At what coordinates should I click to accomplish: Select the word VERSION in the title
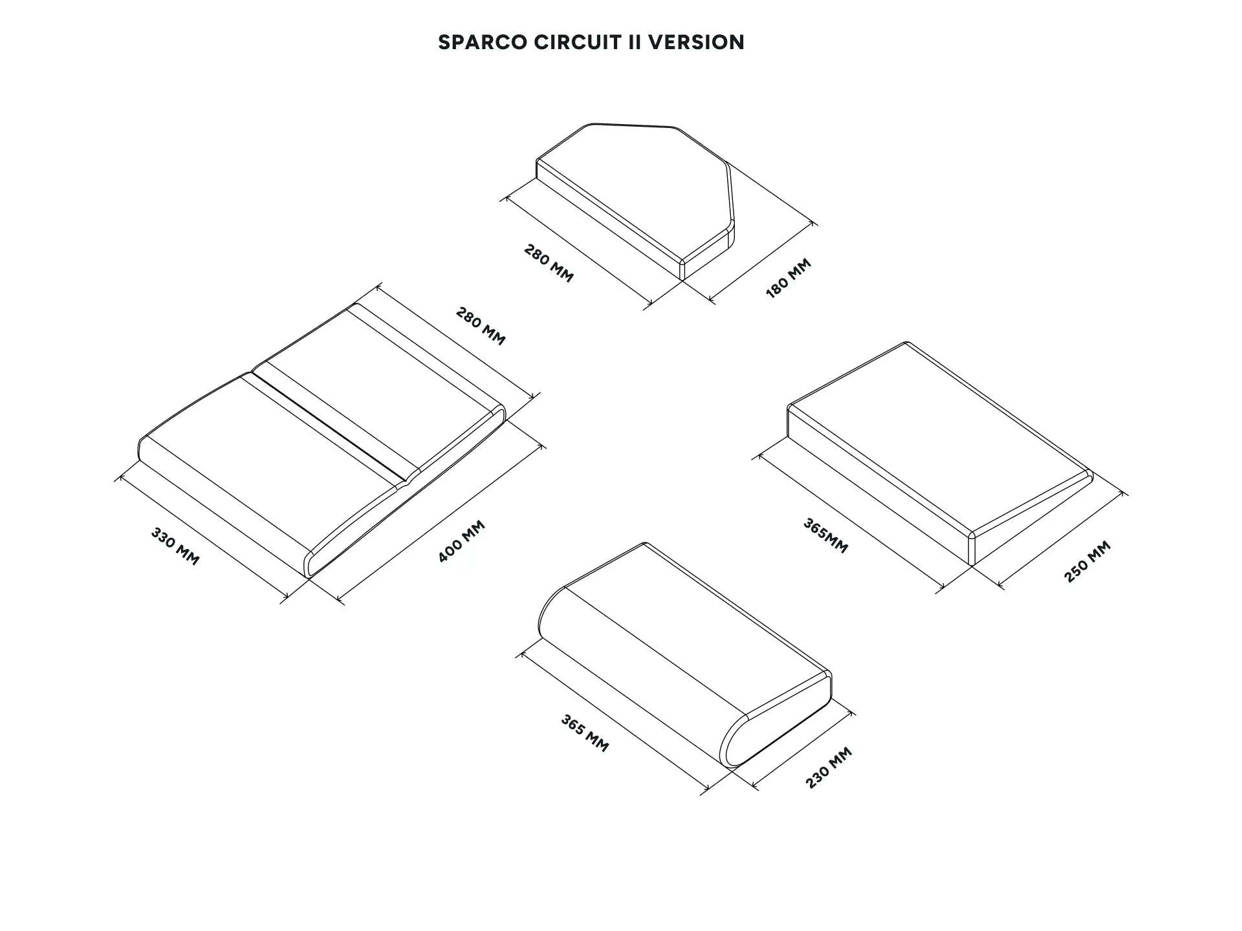point(696,43)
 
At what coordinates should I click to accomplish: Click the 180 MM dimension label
point(788,278)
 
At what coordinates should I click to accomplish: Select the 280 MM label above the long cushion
point(481,326)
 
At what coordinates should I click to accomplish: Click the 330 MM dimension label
point(175,546)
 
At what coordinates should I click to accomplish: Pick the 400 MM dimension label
point(461,541)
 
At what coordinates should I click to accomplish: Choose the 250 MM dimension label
point(1087,561)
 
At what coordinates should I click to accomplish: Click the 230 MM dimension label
point(829,767)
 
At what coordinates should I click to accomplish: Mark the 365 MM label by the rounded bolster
point(585,733)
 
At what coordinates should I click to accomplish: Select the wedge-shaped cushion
point(940,453)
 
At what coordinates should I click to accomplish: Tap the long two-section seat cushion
point(322,440)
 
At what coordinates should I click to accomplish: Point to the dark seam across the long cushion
point(328,427)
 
